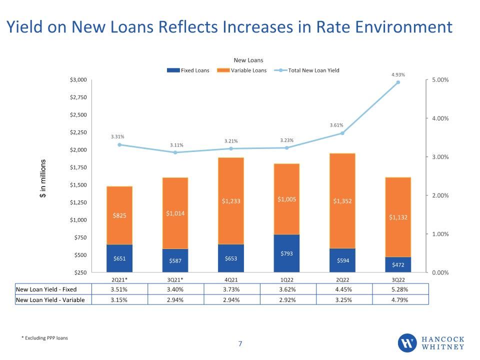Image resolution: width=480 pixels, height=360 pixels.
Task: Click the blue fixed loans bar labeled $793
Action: pyautogui.click(x=286, y=253)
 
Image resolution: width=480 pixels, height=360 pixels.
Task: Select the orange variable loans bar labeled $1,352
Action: pyautogui.click(x=342, y=201)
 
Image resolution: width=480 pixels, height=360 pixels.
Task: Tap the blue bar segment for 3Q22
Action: pyautogui.click(x=398, y=264)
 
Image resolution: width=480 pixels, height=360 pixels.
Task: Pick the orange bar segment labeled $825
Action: pyautogui.click(x=119, y=215)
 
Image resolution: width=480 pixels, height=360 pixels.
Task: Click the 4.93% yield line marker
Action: pyautogui.click(x=398, y=82)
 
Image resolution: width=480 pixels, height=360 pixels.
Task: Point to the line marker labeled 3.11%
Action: pyautogui.click(x=175, y=152)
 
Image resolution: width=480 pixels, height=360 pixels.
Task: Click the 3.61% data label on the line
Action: pyautogui.click(x=336, y=125)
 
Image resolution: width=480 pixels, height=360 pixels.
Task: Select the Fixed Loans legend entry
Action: pyautogui.click(x=188, y=70)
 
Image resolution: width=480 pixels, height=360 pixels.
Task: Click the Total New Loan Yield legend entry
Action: pyautogui.click(x=306, y=70)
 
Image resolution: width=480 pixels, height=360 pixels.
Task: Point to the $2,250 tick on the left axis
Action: pyautogui.click(x=78, y=132)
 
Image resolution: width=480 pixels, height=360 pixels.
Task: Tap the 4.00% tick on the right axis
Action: pyautogui.click(x=440, y=118)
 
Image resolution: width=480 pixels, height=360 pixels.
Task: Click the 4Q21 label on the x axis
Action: pyautogui.click(x=231, y=280)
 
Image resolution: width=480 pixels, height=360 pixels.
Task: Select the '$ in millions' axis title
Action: pyautogui.click(x=43, y=178)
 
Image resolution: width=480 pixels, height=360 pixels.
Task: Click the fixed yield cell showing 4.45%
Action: pyautogui.click(x=343, y=289)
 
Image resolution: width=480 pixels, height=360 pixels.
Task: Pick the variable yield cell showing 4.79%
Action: pyautogui.click(x=400, y=300)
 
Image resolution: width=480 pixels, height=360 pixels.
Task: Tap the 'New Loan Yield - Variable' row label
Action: pyautogui.click(x=50, y=300)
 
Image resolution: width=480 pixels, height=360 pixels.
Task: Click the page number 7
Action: pyautogui.click(x=240, y=344)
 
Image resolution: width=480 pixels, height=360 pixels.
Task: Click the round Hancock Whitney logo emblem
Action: pyautogui.click(x=407, y=343)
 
